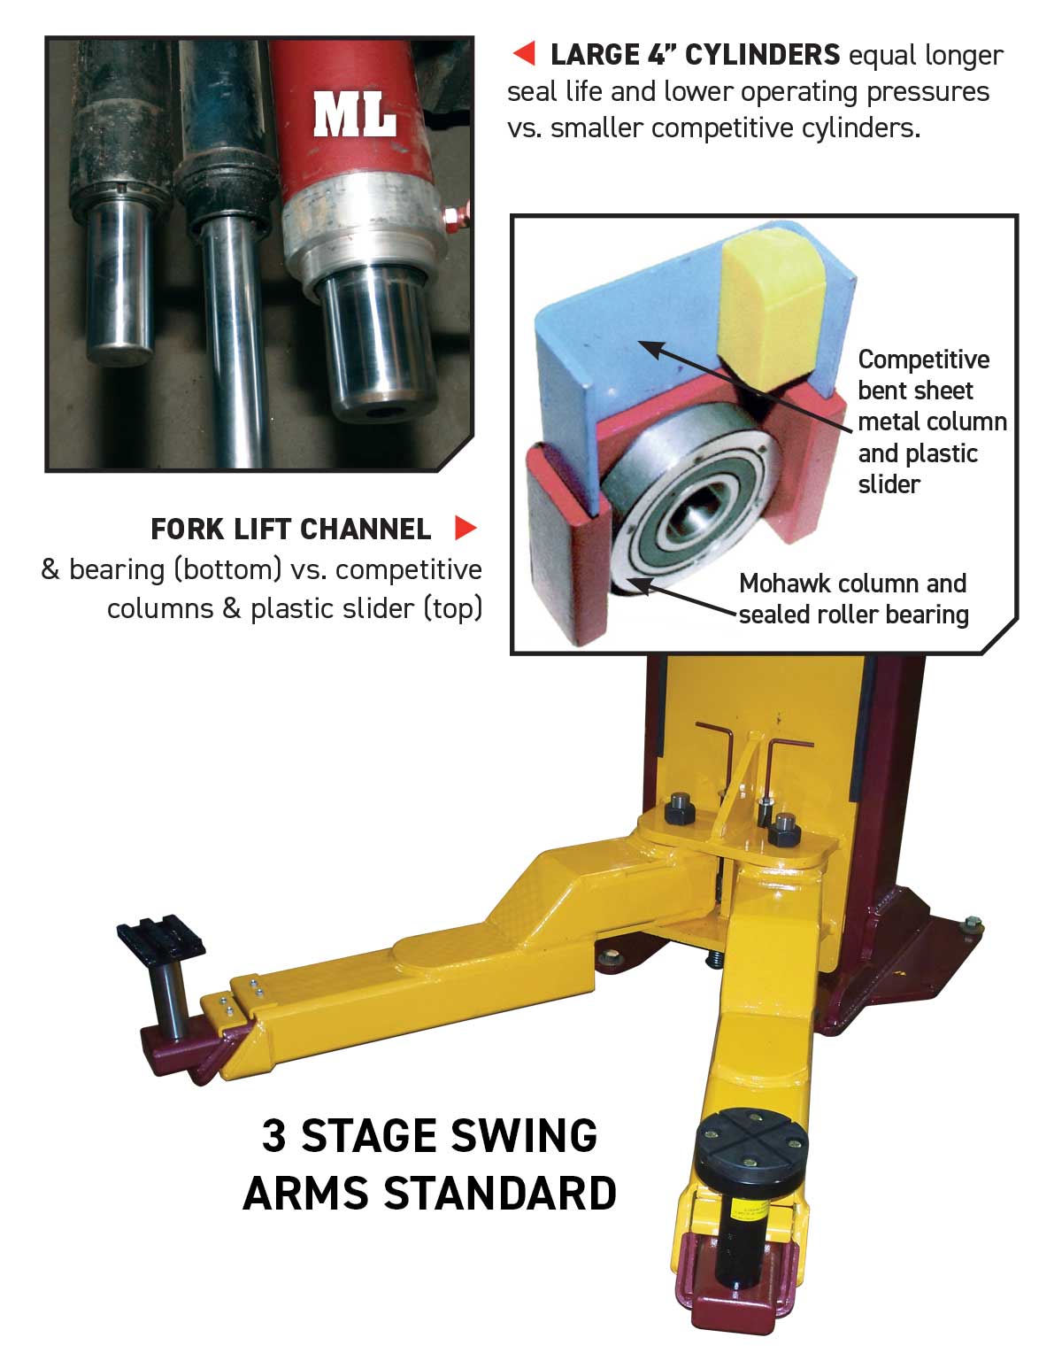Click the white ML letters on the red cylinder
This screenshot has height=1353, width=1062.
coord(354,115)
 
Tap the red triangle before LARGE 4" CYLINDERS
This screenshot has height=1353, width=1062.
coord(525,55)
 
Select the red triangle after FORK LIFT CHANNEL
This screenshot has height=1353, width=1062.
coord(466,529)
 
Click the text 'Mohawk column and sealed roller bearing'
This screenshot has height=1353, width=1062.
coord(853,599)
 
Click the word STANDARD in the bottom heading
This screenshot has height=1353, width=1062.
coord(500,1194)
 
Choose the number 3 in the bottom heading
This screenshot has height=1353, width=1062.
coord(274,1136)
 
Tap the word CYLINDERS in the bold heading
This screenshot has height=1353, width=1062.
coord(762,55)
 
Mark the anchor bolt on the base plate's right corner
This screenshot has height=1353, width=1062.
coord(971,926)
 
